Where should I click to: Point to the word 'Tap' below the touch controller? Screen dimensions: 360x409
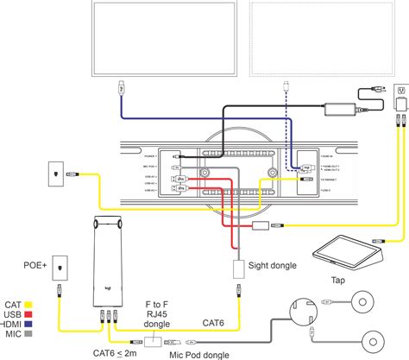click(337, 280)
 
